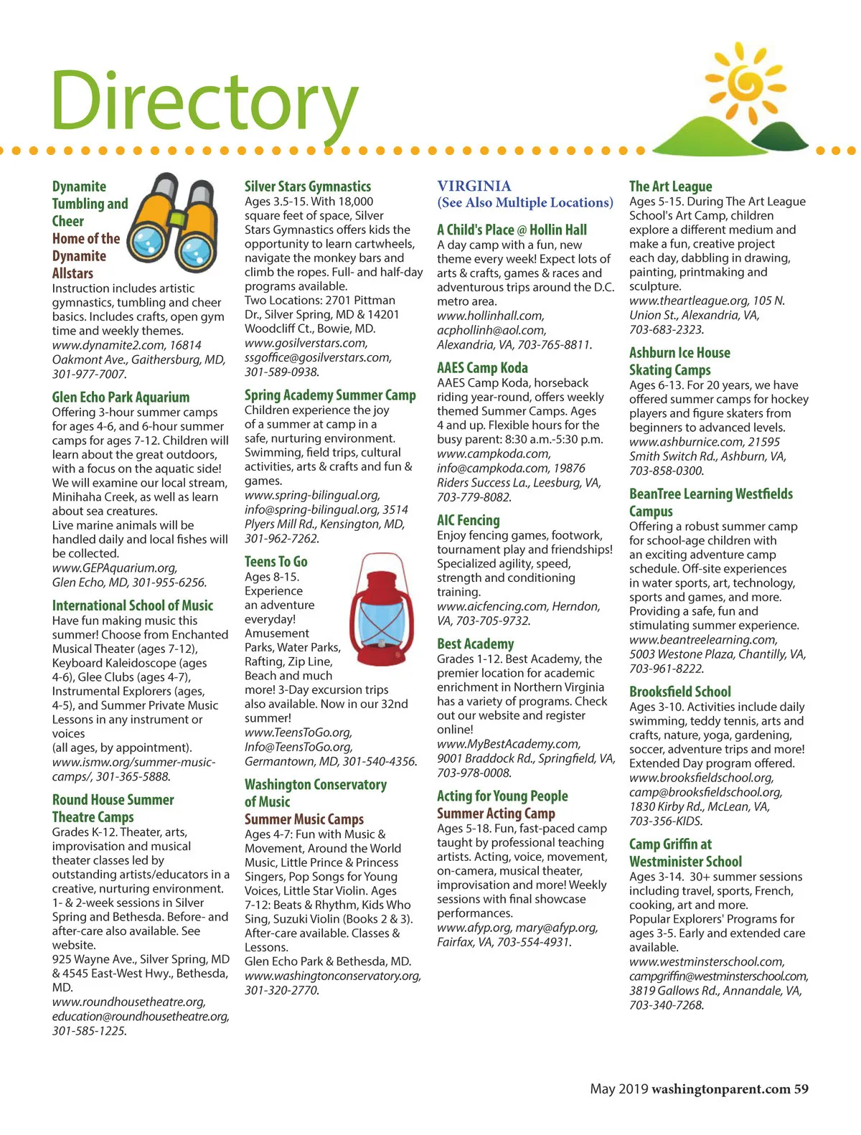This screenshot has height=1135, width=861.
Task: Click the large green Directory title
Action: coord(204,102)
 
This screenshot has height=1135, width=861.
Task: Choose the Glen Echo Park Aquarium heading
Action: coord(121,397)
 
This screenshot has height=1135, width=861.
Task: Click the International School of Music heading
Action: coord(133,606)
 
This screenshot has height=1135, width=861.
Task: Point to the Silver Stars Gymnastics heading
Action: coord(308,187)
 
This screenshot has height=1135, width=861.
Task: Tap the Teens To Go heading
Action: coord(276,562)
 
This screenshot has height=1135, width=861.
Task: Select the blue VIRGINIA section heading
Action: coord(474,187)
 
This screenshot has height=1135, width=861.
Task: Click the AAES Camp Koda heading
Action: coord(482,368)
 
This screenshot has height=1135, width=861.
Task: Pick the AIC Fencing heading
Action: coord(468,520)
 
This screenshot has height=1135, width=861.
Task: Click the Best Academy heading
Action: coord(475,644)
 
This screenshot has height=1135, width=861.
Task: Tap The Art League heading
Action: coord(670,187)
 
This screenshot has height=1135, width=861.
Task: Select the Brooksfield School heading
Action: coord(679,692)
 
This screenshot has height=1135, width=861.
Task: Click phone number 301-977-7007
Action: coord(88,374)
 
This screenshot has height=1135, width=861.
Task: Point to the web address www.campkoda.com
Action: coord(494,454)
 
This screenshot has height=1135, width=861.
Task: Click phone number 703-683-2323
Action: coord(666,330)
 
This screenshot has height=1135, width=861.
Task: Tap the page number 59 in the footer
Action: coord(801,1089)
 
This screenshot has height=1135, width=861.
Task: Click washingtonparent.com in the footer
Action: coord(720,1089)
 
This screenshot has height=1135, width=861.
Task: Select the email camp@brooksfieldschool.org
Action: coord(705,793)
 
